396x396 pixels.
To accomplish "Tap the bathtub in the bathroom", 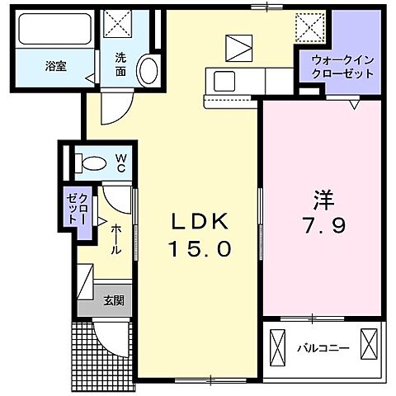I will [x=55, y=32].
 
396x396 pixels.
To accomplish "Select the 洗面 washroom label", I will [x=121, y=64].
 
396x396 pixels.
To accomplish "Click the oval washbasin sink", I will [x=148, y=69].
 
